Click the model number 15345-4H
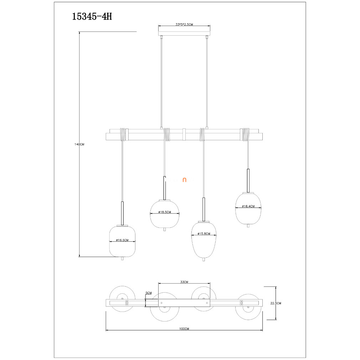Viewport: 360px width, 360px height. click(92, 16)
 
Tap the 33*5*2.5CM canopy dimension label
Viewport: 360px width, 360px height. click(184, 24)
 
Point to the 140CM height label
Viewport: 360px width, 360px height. click(79, 144)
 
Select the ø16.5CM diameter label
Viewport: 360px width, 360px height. click(122, 240)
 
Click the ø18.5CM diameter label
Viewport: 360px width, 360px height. click(165, 212)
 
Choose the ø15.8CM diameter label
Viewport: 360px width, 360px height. click(204, 234)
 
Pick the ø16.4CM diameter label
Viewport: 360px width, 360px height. click(248, 206)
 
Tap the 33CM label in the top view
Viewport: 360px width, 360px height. click(184, 282)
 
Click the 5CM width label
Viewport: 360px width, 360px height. click(149, 293)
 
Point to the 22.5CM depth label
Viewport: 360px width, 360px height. click(276, 303)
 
